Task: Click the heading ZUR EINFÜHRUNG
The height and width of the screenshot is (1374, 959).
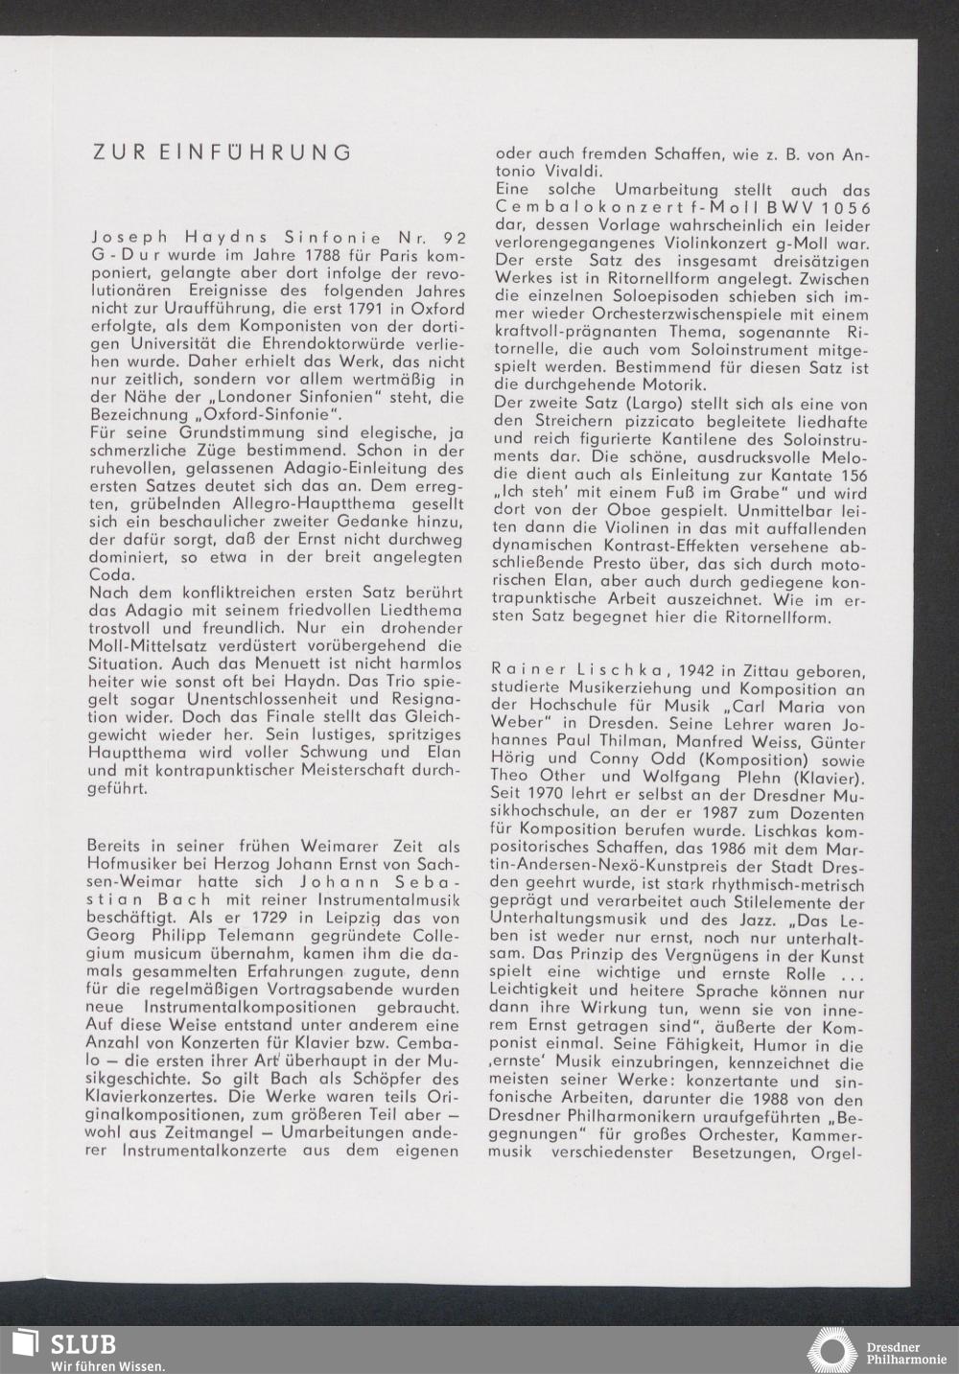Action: (x=221, y=152)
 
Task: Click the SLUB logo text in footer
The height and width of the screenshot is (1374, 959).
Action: (x=83, y=1343)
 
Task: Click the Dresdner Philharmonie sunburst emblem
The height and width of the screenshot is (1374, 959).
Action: (x=831, y=1350)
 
